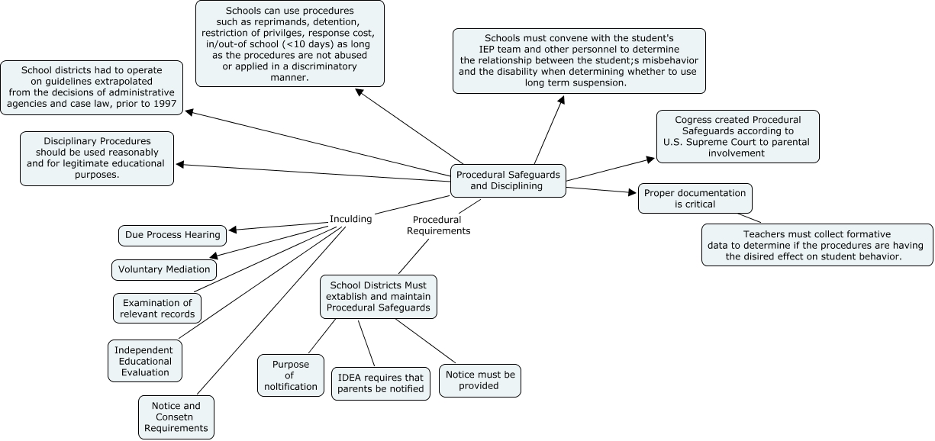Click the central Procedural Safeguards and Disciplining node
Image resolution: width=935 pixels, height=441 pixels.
point(508,180)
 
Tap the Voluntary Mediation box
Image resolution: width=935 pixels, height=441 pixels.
point(163,270)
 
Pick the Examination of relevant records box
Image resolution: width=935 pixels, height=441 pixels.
point(157,308)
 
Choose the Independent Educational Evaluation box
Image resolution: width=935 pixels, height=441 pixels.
point(144,361)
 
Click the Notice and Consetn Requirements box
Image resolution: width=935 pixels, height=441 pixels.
point(176,417)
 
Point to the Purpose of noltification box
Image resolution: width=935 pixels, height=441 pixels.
point(291,375)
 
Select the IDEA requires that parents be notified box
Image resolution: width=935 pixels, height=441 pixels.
point(382,384)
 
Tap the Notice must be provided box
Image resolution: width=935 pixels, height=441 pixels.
point(480,380)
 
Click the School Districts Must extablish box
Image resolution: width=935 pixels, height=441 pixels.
point(379,297)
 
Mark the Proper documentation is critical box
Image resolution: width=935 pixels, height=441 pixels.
point(695,198)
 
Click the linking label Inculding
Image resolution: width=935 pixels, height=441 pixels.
point(350,219)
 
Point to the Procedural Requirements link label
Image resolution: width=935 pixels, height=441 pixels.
point(438,224)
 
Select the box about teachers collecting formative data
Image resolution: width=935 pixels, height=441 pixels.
point(817,245)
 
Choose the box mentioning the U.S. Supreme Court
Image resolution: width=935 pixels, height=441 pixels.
point(737,137)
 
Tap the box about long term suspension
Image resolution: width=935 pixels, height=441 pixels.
point(579,61)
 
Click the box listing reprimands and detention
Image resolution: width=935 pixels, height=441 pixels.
point(289,43)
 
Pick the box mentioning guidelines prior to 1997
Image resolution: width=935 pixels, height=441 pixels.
point(92,88)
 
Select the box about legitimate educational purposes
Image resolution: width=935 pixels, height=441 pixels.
point(97,159)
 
